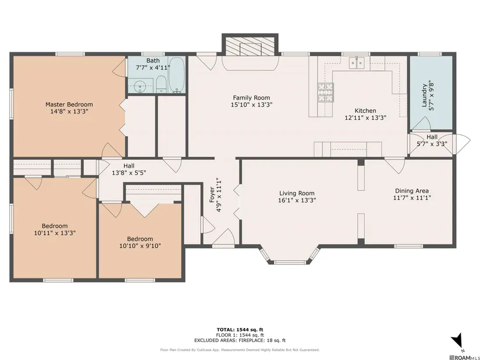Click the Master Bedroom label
[x=69, y=104]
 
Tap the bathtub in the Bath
[x=177, y=75]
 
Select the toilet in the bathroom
[x=161, y=84]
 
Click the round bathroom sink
[x=140, y=85]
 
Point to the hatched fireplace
[x=250, y=46]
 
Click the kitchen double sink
[x=357, y=63]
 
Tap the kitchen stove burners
[x=325, y=92]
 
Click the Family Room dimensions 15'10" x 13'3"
[x=251, y=105]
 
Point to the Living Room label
[x=297, y=193]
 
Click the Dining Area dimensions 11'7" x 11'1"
[x=412, y=198]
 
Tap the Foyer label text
[x=212, y=195]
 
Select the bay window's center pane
[x=290, y=262]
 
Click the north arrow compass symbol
[x=457, y=340]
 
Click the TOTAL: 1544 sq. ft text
[x=240, y=330]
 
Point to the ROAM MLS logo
[x=464, y=357]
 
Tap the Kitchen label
[x=365, y=111]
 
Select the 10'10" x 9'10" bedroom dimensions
[x=140, y=246]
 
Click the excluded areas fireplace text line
[x=240, y=340]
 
